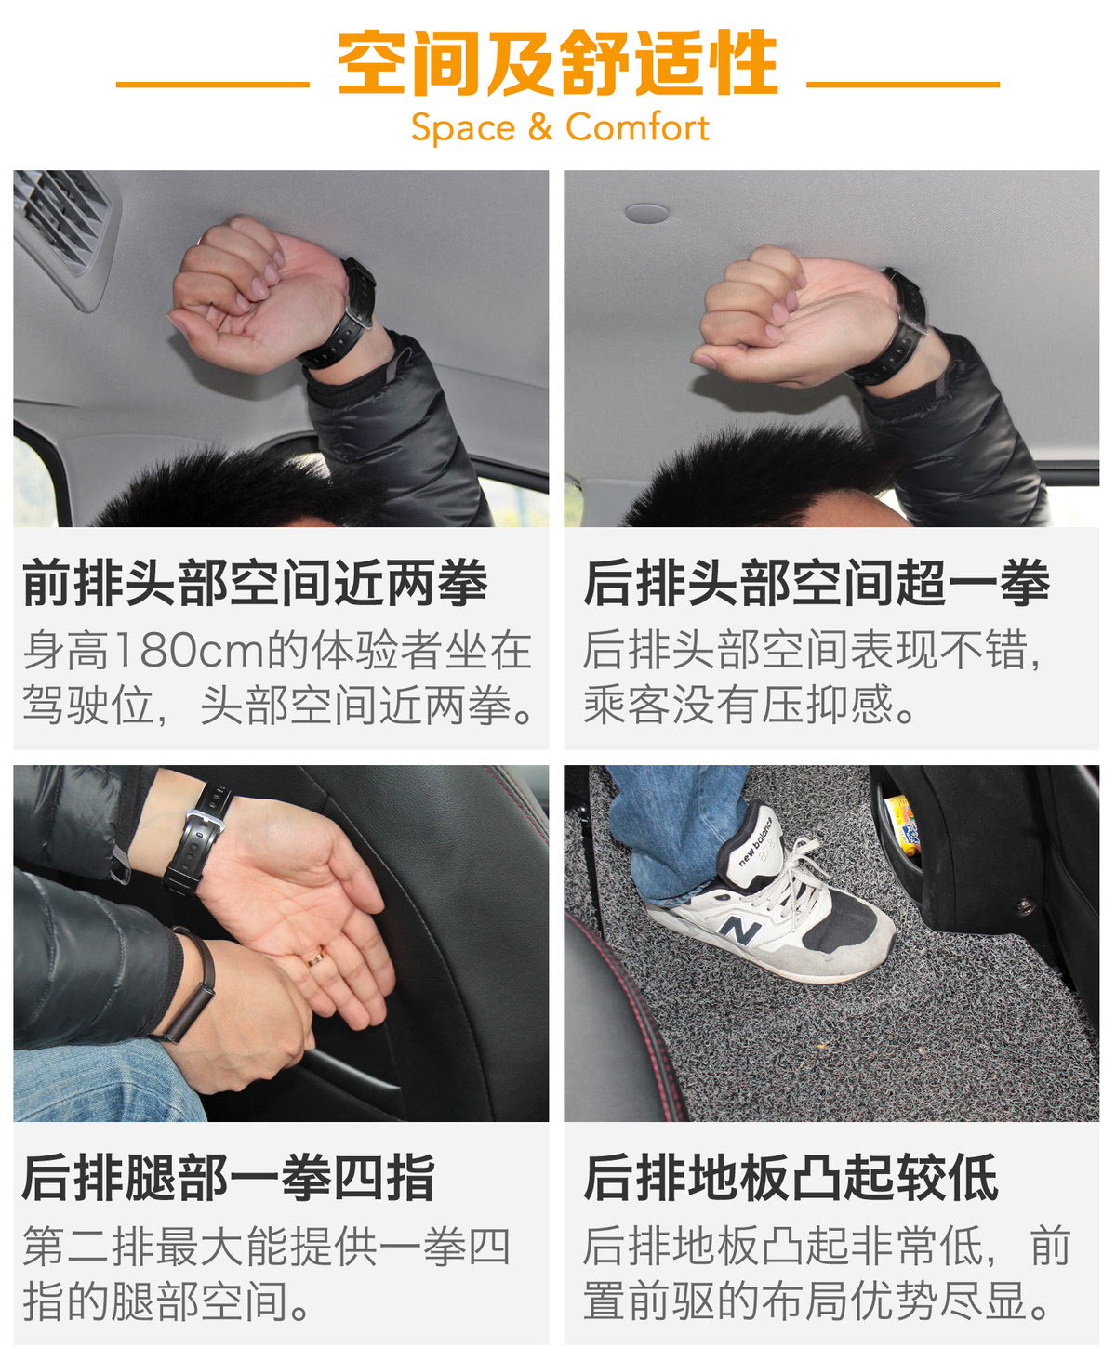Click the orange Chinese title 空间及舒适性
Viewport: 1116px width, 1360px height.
[558, 62]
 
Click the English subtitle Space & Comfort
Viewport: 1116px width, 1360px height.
[560, 127]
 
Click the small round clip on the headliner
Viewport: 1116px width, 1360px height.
[646, 214]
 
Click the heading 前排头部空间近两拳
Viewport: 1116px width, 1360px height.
[255, 582]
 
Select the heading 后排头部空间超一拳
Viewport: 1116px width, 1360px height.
[816, 582]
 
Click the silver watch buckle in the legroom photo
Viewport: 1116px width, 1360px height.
[206, 822]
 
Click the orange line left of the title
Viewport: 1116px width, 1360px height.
[212, 85]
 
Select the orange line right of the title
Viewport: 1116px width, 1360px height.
[903, 85]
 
